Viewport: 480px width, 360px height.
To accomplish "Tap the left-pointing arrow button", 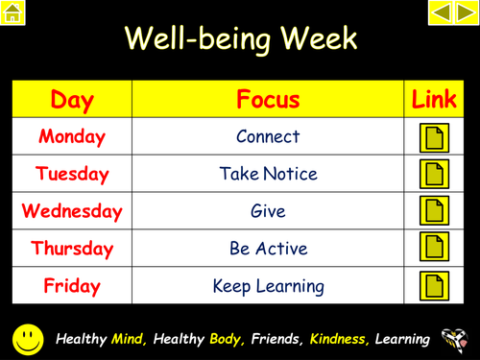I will point(440,12).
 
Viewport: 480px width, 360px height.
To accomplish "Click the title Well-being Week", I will point(240,39).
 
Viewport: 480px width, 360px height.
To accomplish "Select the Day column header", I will point(72,99).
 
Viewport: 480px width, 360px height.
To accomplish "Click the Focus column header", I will point(268,99).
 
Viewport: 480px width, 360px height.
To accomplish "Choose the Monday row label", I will point(72,136).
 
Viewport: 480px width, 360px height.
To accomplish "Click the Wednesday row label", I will point(72,210).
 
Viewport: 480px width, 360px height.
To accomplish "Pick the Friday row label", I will point(72,285).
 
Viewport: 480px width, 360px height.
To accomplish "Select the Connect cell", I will point(268,136).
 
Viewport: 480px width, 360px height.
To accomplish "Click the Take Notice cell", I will point(268,174).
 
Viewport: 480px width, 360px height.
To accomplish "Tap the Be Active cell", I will point(268,248).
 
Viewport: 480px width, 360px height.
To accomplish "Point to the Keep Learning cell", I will point(268,285).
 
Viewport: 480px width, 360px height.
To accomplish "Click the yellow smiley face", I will point(28,338).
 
